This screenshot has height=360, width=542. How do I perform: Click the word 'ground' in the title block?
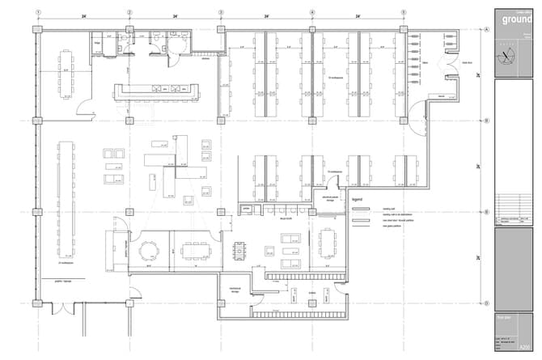click(515, 19)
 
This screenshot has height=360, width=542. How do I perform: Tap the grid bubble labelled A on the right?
click(486, 29)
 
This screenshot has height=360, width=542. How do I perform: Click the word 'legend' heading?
click(358, 198)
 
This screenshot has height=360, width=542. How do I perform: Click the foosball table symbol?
click(238, 251)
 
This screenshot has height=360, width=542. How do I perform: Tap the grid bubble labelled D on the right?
click(486, 304)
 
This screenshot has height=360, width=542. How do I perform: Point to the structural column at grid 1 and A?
click(38, 29)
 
